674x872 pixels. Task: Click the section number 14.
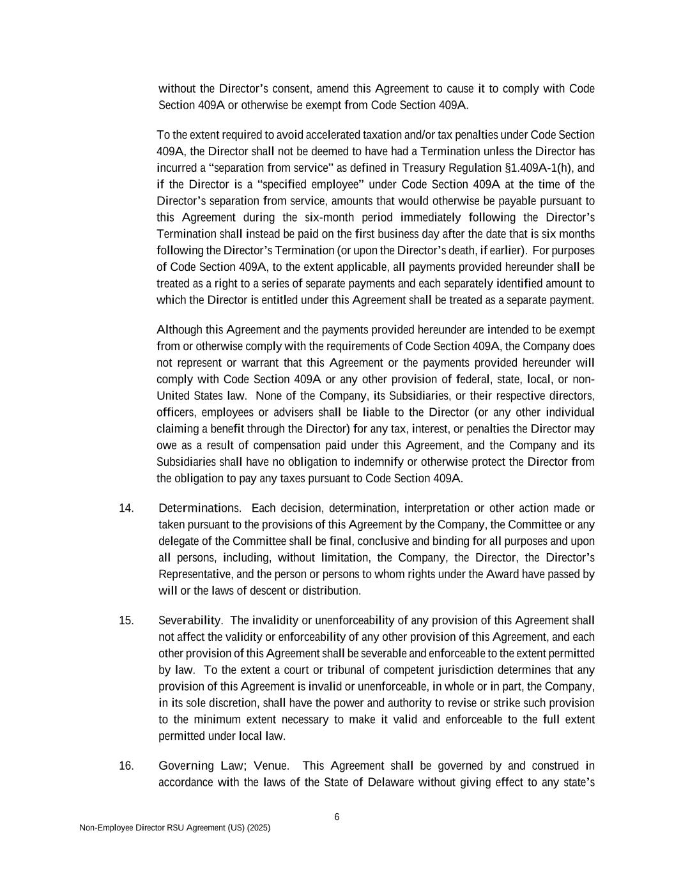coord(126,509)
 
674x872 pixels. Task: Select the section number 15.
coord(126,621)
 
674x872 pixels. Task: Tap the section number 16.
coord(126,766)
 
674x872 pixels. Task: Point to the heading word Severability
coord(190,621)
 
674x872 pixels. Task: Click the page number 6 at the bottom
coord(337,817)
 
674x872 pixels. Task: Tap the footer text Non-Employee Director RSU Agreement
coord(174,828)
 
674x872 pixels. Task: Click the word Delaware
coord(391,783)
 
